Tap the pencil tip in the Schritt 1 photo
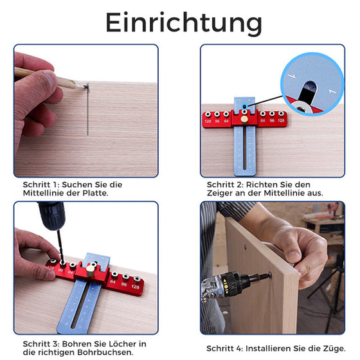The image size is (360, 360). tap(81, 84)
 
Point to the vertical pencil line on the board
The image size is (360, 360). tap(87, 113)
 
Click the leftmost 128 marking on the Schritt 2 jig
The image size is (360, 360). tap(208, 120)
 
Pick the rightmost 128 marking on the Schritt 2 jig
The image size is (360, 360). tap(283, 120)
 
